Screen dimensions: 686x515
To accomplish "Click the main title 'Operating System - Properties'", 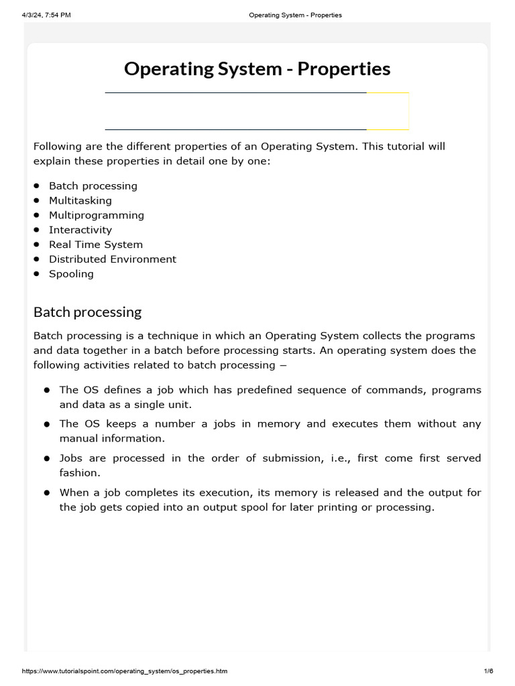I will (257, 69).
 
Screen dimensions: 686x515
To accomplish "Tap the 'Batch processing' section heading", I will (87, 312).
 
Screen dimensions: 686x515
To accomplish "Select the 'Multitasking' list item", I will (80, 200).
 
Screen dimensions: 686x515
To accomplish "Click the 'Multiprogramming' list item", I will (96, 215).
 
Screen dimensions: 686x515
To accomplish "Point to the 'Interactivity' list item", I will (80, 230).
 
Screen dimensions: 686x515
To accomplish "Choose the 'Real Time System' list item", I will (95, 245).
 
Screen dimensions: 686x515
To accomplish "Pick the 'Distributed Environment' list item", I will (112, 259).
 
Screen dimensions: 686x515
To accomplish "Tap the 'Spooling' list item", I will (71, 274).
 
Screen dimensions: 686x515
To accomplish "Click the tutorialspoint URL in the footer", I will (125, 671).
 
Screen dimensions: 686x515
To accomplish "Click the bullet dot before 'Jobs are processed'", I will (48, 459).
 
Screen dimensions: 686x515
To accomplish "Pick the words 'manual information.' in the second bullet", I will (111, 439).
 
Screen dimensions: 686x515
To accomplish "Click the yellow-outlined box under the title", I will (388, 111).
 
